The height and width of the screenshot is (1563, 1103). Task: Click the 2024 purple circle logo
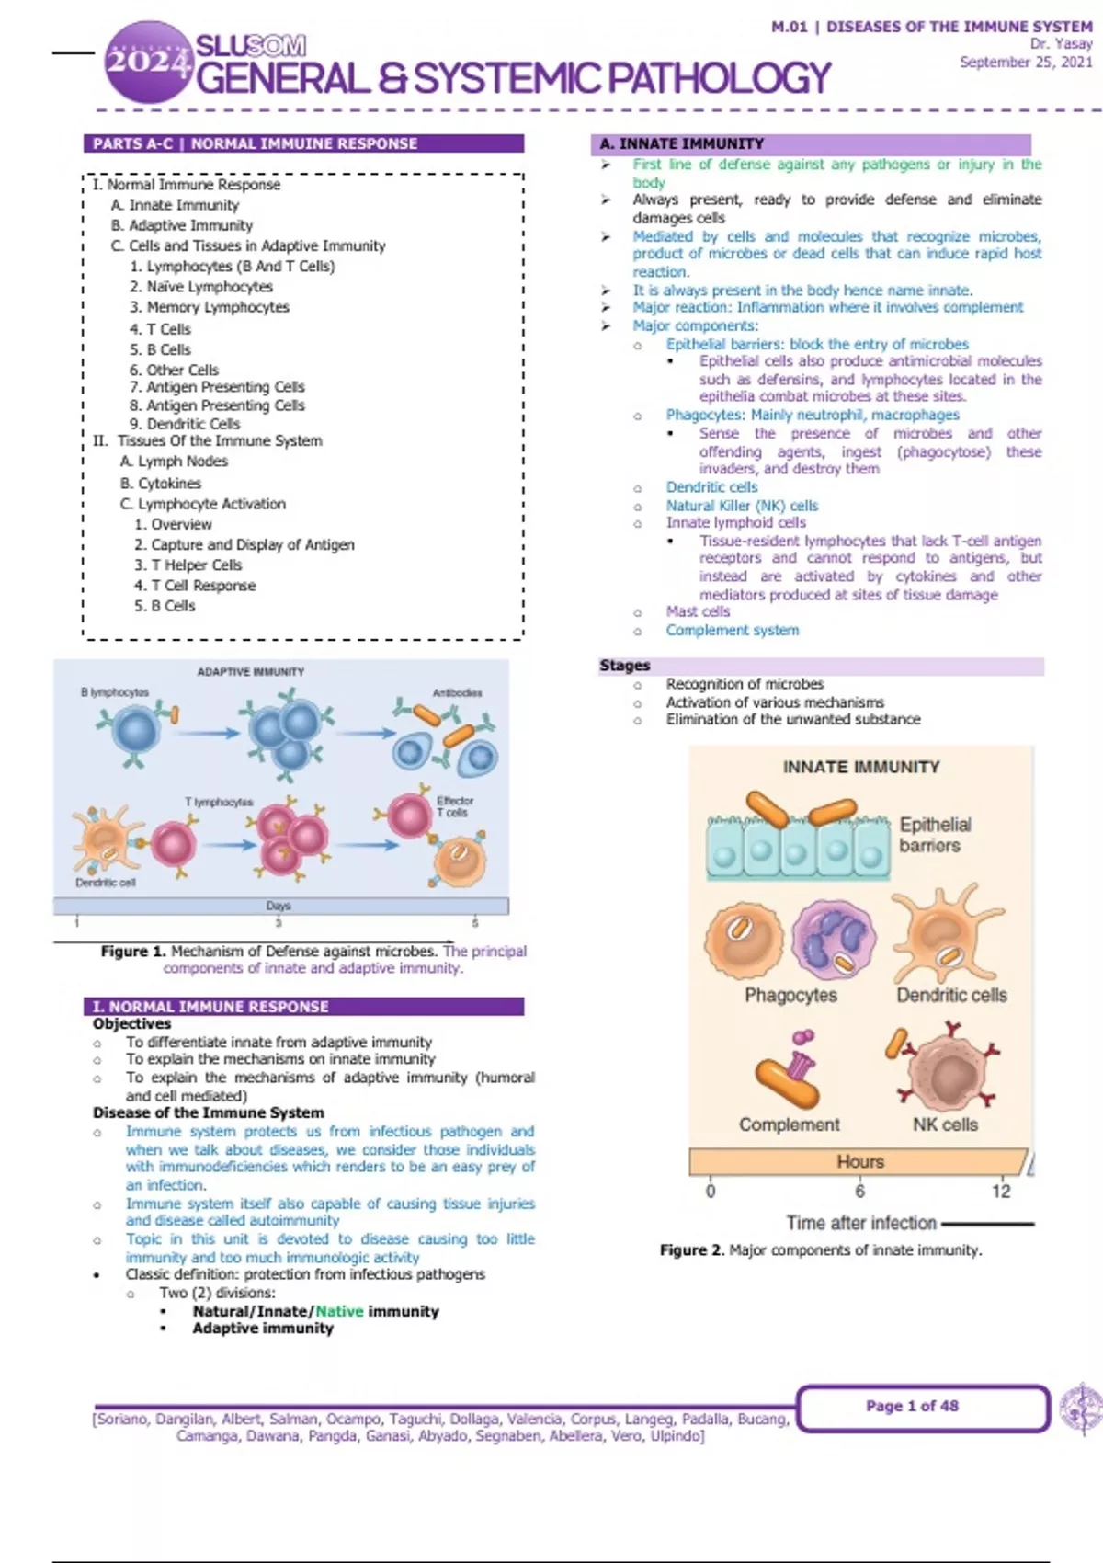[x=147, y=62]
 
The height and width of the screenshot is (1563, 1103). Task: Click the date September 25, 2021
[x=1026, y=63]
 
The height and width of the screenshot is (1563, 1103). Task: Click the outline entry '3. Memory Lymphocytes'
[x=210, y=307]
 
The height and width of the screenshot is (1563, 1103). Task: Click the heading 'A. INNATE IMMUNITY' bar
[x=809, y=143]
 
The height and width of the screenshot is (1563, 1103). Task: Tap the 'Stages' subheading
[x=625, y=666]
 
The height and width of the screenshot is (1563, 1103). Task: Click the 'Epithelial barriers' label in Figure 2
[x=935, y=835]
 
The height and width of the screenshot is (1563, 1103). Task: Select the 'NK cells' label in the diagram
[x=945, y=1124]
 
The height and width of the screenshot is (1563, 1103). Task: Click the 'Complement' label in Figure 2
[x=790, y=1124]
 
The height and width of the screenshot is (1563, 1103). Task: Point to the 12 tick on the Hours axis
[x=1001, y=1192]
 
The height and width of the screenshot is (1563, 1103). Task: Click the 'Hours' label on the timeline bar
[x=860, y=1162]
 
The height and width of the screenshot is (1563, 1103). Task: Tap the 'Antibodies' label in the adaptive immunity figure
[x=457, y=692]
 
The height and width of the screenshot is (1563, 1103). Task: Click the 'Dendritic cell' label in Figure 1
[x=106, y=883]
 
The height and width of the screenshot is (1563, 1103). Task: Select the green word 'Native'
[x=339, y=1311]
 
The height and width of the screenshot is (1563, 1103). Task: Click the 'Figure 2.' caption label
[x=692, y=1250]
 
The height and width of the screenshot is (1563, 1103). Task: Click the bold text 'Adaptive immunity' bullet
[x=263, y=1329]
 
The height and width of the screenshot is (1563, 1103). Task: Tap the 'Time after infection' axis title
[x=861, y=1223]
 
